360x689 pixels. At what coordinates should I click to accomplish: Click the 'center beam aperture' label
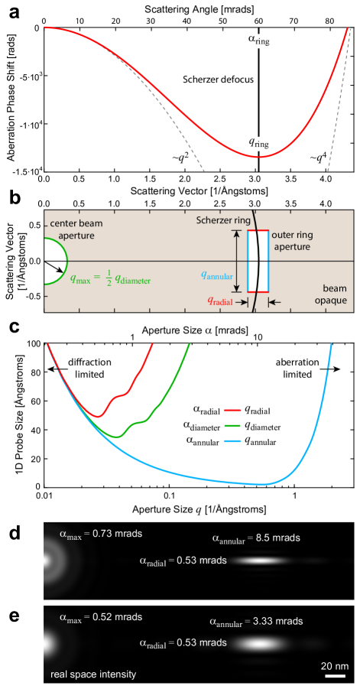[x=74, y=229]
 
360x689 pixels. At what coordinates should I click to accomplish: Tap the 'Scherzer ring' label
[x=222, y=219]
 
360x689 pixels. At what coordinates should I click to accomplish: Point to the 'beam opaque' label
[x=332, y=295]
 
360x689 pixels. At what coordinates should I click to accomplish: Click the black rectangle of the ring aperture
[x=258, y=261]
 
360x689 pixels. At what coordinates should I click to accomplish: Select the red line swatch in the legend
[x=232, y=411]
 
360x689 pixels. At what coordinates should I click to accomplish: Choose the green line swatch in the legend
[x=232, y=425]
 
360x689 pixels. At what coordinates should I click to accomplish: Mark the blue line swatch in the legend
[x=232, y=441]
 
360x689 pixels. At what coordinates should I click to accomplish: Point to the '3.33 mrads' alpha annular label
[x=256, y=621]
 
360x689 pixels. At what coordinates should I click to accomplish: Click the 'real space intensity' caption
[x=93, y=674]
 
